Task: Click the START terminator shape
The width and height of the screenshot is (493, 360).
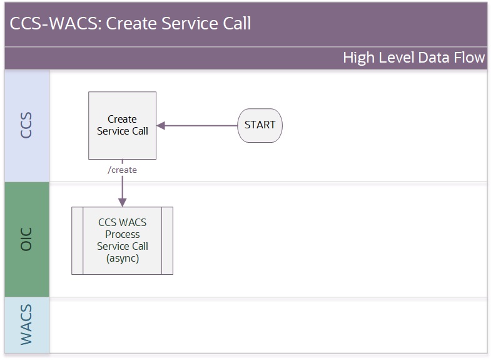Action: [260, 126]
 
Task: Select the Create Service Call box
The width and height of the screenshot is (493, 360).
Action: [122, 126]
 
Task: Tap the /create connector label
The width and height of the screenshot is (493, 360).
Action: [122, 170]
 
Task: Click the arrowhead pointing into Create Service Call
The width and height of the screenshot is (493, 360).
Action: [161, 126]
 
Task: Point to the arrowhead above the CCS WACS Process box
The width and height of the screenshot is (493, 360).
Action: [122, 202]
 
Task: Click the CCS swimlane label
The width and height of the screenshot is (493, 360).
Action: [26, 125]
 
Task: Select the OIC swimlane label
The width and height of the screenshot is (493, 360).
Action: [26, 239]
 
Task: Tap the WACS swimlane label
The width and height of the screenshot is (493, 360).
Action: [26, 325]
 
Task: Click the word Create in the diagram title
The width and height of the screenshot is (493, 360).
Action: [131, 23]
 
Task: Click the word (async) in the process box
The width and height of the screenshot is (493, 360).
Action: [123, 259]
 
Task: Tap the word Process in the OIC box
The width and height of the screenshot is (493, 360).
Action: [122, 234]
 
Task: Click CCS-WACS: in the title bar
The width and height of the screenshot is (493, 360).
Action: [56, 23]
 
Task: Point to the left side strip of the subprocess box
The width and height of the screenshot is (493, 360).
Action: [78, 241]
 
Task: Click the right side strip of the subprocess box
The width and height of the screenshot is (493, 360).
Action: [167, 241]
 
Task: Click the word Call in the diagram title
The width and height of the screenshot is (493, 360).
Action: [236, 23]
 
